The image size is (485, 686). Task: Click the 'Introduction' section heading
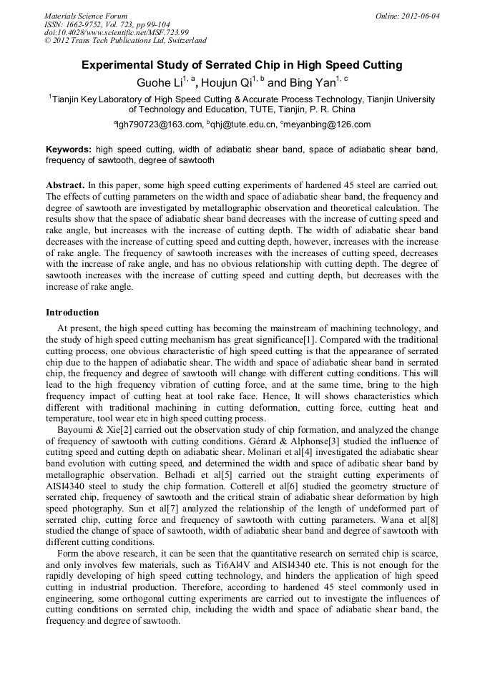pyautogui.click(x=72, y=313)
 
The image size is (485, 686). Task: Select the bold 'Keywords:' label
pyautogui.click(x=69, y=150)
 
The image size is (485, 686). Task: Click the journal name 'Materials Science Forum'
pyautogui.click(x=86, y=16)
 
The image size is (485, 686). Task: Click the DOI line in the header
pyautogui.click(x=117, y=32)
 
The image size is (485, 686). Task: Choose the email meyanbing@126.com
pyautogui.click(x=328, y=124)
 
